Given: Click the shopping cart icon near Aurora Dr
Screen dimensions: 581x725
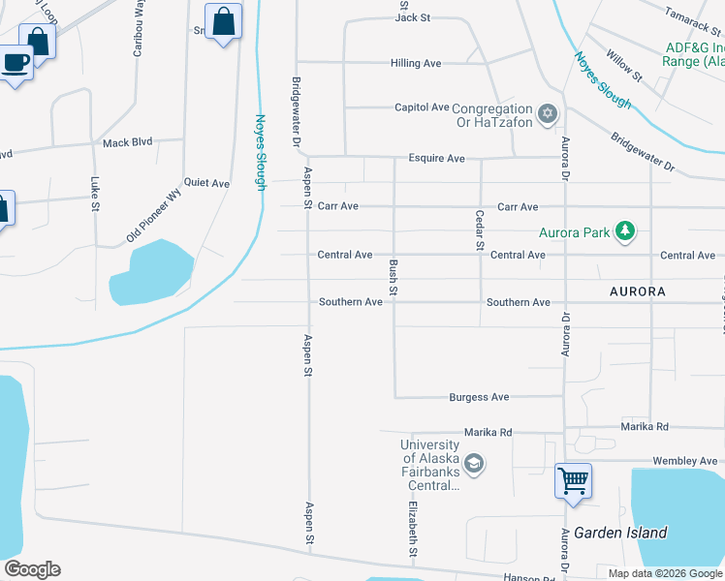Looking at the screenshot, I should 573,479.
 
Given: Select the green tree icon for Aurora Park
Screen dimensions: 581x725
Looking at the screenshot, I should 627,230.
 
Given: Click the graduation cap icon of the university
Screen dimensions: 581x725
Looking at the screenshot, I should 473,465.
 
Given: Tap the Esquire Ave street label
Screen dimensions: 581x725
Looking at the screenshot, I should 436,158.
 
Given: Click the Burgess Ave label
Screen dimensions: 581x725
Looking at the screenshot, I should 479,397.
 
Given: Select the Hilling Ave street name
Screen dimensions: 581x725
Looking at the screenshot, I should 415,63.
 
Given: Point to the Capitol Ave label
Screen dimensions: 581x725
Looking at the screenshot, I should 422,107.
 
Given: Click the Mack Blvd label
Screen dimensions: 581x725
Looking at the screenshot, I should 128,142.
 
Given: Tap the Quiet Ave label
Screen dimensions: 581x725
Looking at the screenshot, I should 206,183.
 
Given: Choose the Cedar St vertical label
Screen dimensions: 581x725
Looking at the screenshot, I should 479,230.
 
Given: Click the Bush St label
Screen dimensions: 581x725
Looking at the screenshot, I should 394,277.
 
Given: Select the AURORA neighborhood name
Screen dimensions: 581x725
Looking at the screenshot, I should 637,291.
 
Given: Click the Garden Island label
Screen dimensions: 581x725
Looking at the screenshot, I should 620,533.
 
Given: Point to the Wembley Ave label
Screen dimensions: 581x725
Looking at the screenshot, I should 689,461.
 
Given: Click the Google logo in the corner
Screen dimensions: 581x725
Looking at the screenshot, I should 32,569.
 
